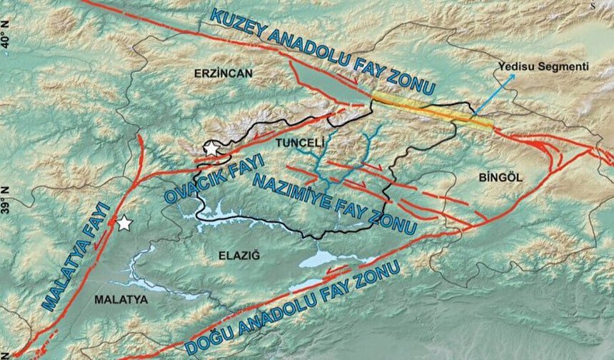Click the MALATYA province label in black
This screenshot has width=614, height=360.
click(x=121, y=300)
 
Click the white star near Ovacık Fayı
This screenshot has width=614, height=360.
click(x=211, y=149)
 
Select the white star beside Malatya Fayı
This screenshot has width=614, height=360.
click(x=125, y=223)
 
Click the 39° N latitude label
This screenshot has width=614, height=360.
click(x=7, y=196)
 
